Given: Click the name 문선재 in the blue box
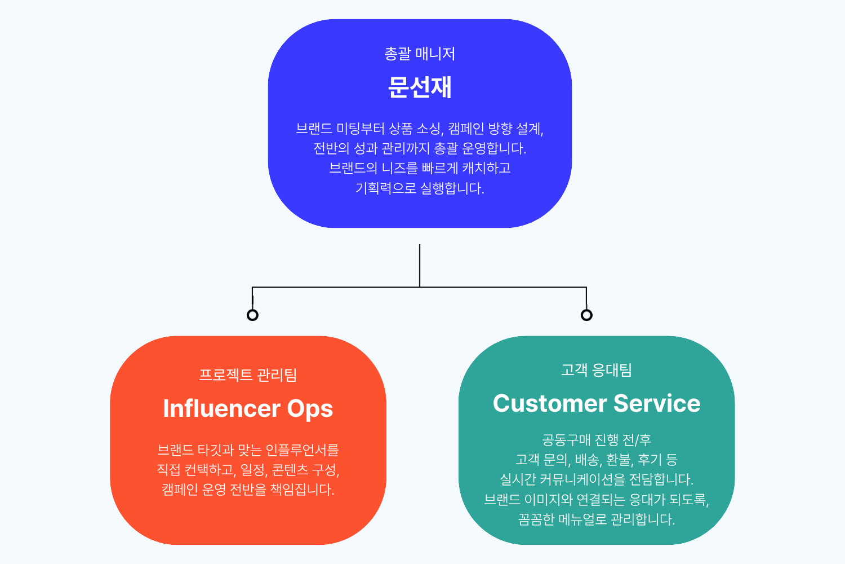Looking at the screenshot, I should click(x=420, y=87).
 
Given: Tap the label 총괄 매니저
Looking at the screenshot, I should click(x=420, y=54).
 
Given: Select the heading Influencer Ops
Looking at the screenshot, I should click(x=248, y=409).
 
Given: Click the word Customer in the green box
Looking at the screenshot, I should click(x=550, y=404).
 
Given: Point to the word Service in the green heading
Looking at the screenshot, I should click(x=657, y=404).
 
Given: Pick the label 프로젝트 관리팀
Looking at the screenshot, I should click(x=248, y=375).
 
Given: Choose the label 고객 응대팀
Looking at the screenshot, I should click(x=597, y=370).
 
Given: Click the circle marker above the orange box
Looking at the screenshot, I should click(x=252, y=315).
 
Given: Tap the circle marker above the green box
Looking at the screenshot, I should click(x=586, y=315).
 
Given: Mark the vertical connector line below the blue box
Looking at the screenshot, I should click(x=420, y=265).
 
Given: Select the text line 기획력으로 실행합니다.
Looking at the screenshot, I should click(x=420, y=188).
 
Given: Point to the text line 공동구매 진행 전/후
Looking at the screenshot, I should click(x=597, y=440).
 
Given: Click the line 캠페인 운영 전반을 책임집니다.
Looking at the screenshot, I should click(x=248, y=490).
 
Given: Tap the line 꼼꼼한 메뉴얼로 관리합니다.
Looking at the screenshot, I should click(x=597, y=519).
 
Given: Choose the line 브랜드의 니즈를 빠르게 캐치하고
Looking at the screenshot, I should click(x=420, y=168).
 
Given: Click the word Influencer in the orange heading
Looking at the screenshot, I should click(x=221, y=409).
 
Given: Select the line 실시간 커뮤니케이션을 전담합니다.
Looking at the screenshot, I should click(x=597, y=479).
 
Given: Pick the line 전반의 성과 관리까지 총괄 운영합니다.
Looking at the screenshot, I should click(x=420, y=148).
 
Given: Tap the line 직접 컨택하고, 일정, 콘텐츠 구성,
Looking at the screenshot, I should click(x=248, y=470).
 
